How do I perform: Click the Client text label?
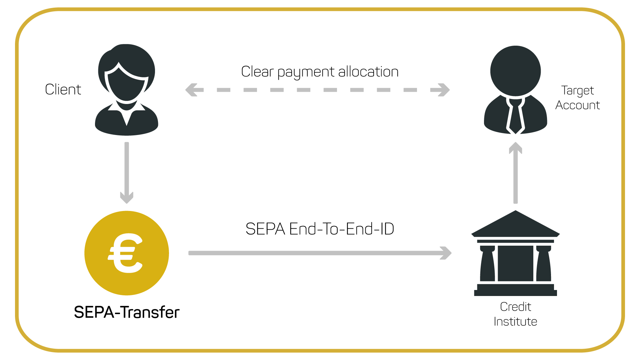pyautogui.click(x=63, y=89)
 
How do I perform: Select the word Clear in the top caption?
pyautogui.click(x=257, y=72)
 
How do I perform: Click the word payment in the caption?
pyautogui.click(x=306, y=72)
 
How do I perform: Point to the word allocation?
pyautogui.click(x=368, y=72)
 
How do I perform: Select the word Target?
pyautogui.click(x=577, y=90)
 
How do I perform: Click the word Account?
pyautogui.click(x=577, y=105)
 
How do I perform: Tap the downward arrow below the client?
pyautogui.click(x=127, y=173)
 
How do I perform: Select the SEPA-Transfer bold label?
pyautogui.click(x=127, y=312)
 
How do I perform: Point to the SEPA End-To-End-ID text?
pyautogui.click(x=320, y=229)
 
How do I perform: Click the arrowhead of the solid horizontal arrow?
pyautogui.click(x=446, y=253)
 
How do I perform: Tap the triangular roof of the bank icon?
pyautogui.click(x=515, y=225)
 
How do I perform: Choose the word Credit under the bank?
pyautogui.click(x=515, y=307)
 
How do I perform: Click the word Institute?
pyautogui.click(x=515, y=322)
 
